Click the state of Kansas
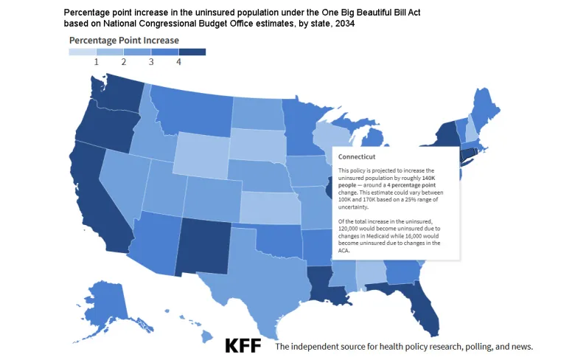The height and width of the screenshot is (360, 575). point(269,207)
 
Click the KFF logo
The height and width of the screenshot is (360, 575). point(243,345)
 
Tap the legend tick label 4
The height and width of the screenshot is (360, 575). point(178,63)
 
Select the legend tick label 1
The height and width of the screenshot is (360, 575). point(97,63)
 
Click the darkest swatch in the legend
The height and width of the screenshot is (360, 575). point(192,52)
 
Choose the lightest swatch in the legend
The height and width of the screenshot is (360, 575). point(83,52)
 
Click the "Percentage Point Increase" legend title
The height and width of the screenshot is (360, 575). point(124,40)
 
